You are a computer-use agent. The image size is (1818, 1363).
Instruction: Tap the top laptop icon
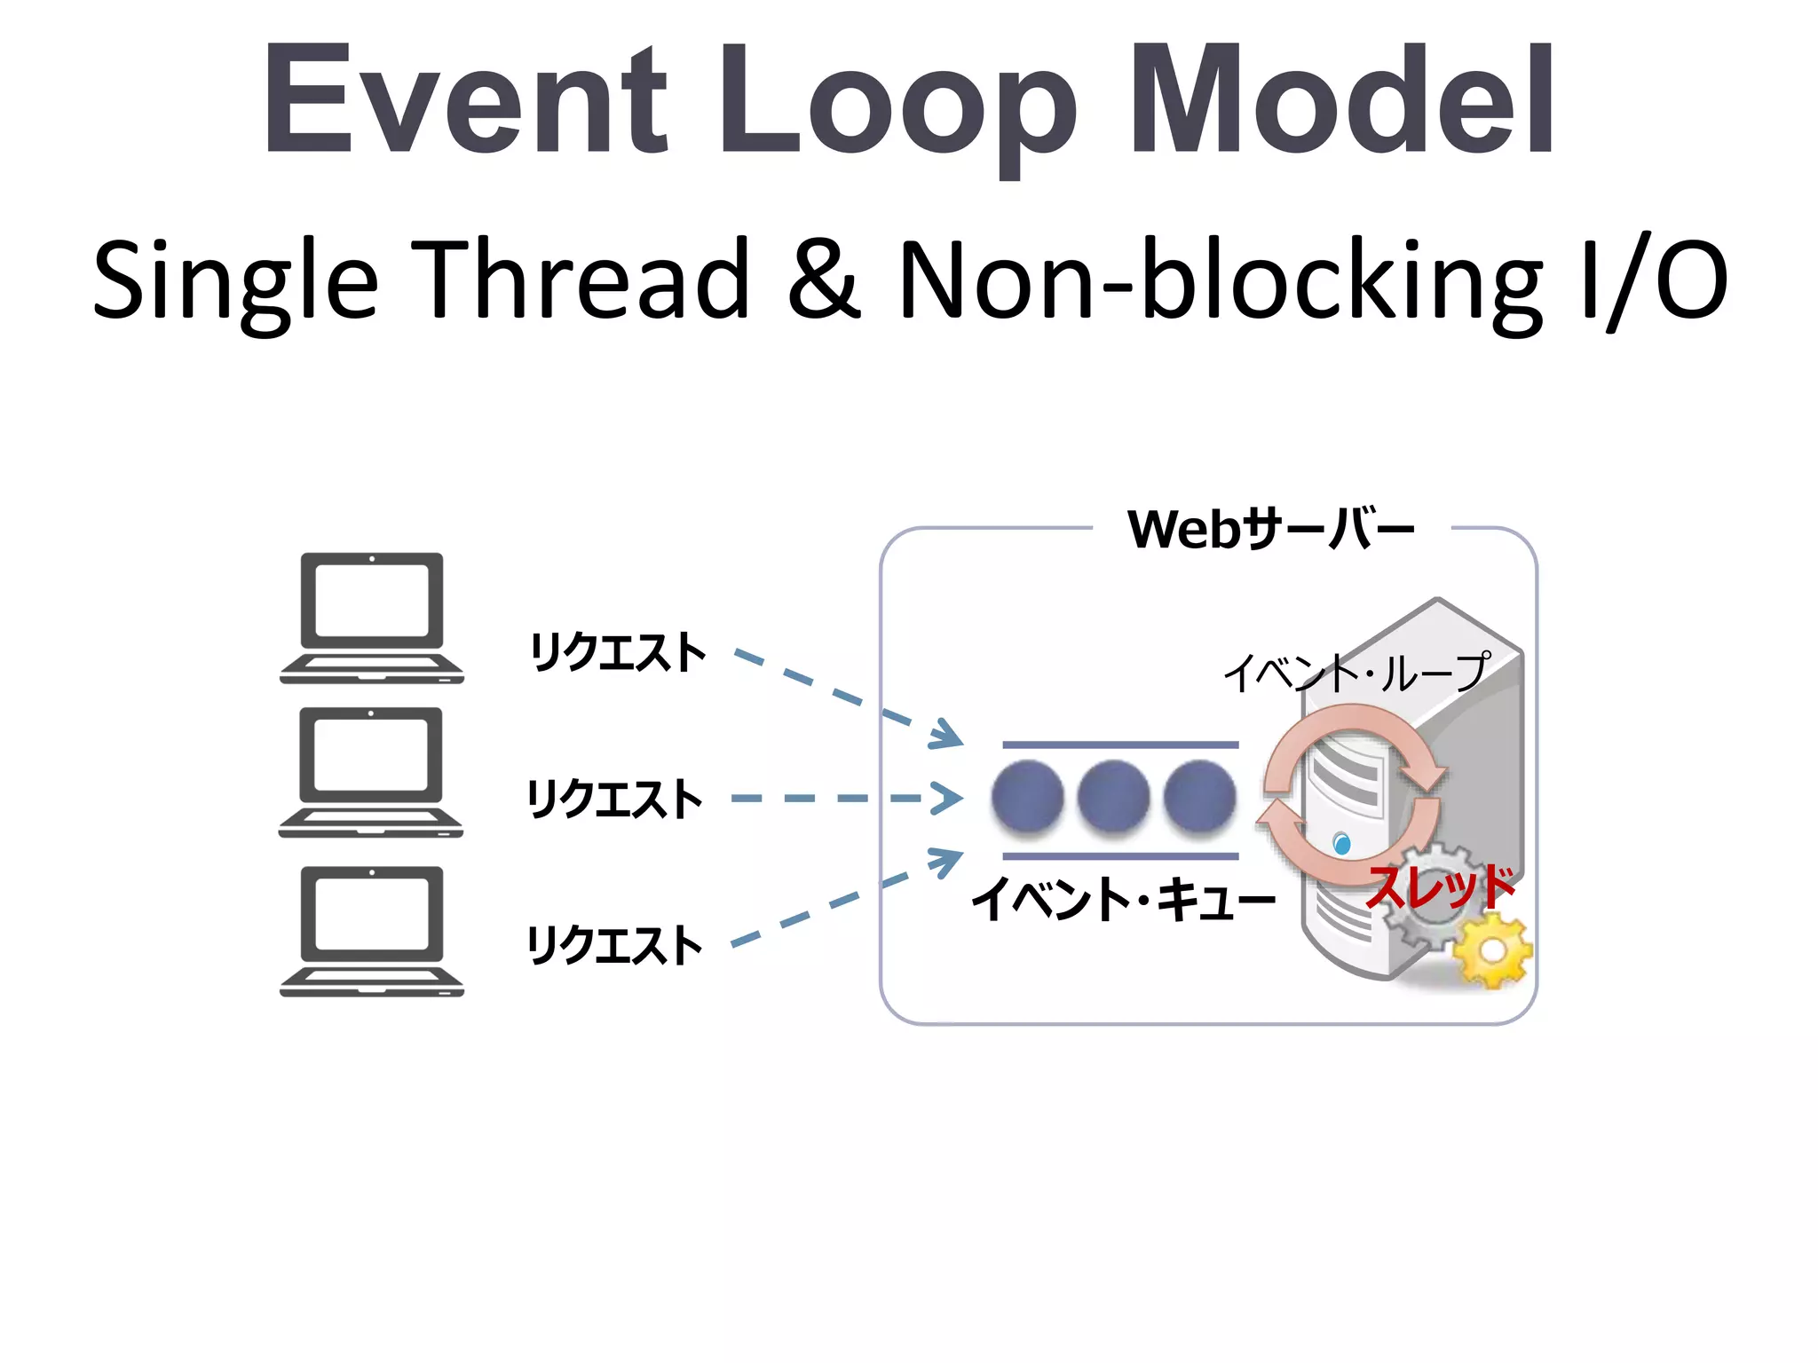click(x=372, y=618)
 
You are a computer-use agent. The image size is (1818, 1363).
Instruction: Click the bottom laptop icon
click(x=372, y=931)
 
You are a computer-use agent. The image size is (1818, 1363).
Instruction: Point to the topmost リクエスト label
click(x=618, y=652)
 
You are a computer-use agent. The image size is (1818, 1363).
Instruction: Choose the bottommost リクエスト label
click(x=615, y=944)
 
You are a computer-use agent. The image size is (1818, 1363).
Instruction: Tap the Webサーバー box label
click(x=1270, y=530)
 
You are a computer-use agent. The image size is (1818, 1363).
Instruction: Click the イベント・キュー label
click(x=1123, y=899)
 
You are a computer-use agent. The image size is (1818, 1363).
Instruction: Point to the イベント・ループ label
click(x=1356, y=673)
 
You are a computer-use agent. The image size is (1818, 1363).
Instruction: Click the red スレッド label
click(x=1440, y=887)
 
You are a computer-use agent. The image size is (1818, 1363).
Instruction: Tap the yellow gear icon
click(x=1493, y=951)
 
